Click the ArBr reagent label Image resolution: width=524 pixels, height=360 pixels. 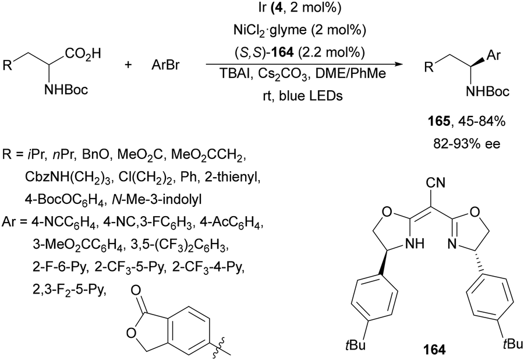165,65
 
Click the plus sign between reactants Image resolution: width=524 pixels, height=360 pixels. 128,65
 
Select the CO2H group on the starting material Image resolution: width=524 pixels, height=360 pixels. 83,54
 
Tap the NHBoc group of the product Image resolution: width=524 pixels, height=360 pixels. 488,91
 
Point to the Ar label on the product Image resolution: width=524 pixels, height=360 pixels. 493,55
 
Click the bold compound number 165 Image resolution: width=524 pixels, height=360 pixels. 439,122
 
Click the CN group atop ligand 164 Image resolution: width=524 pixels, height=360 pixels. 436,182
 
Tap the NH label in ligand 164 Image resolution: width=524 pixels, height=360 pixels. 415,243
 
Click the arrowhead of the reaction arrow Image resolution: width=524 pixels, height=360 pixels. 396,64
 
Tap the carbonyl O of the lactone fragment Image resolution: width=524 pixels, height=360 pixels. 136,290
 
